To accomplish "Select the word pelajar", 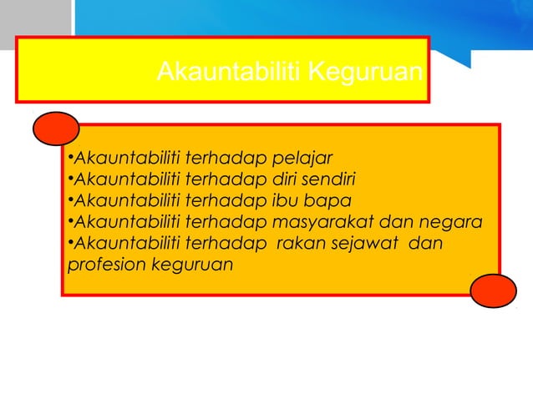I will click(304, 158).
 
